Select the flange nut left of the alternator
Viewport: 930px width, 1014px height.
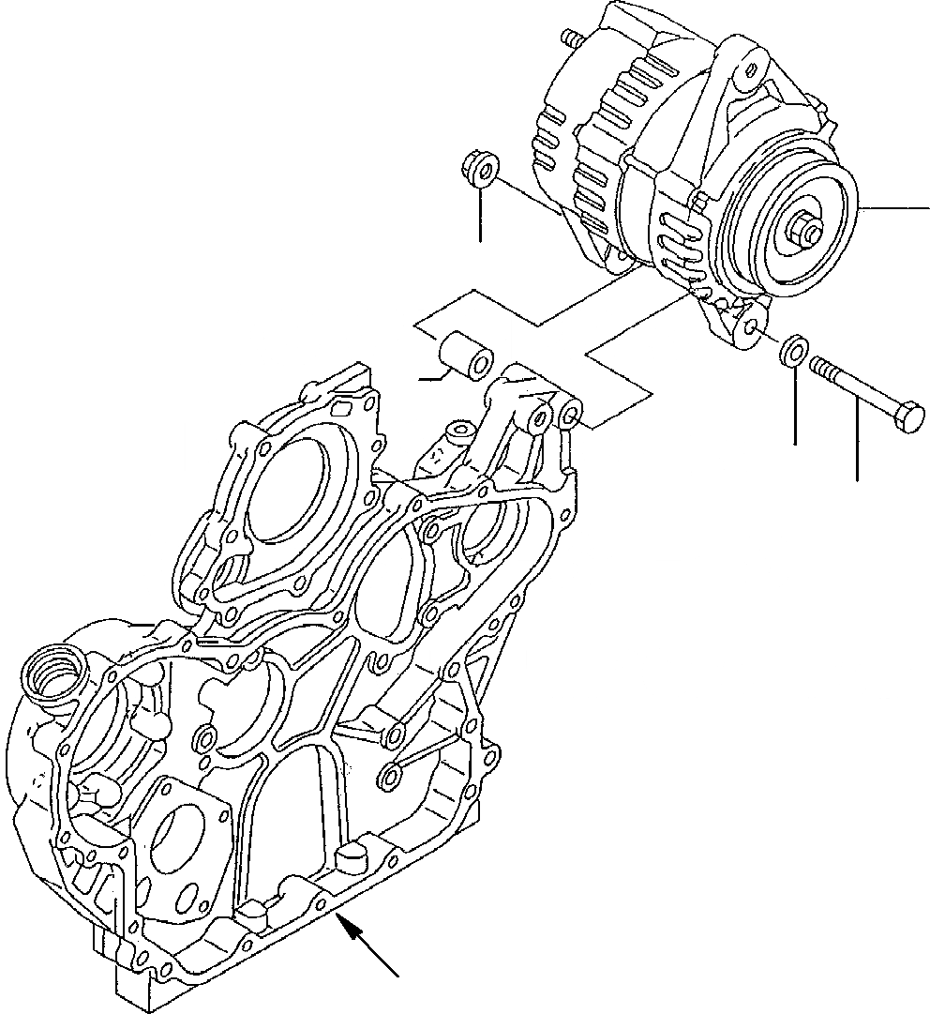[479, 170]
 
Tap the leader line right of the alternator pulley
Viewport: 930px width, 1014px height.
[895, 207]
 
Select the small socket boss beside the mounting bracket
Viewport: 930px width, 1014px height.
[458, 431]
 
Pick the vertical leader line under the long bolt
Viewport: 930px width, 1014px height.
[857, 441]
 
